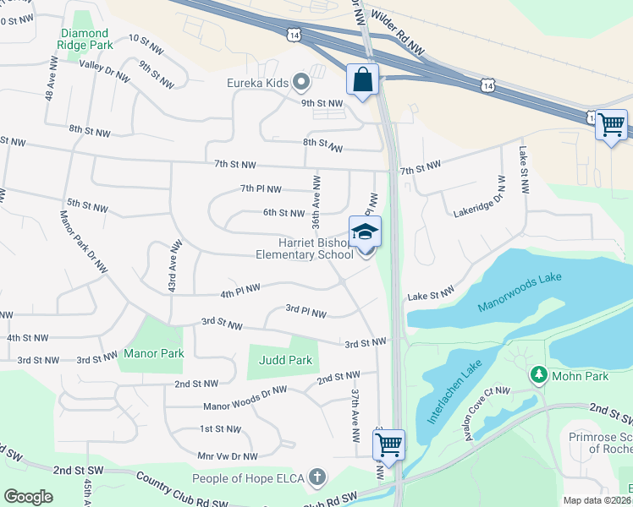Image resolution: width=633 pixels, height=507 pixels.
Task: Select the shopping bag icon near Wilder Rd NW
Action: [362, 80]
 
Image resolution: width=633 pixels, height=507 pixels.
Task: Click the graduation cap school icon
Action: [365, 232]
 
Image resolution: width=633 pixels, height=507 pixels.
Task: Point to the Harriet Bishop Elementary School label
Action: [305, 248]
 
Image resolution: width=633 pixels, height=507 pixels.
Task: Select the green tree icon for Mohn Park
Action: [537, 373]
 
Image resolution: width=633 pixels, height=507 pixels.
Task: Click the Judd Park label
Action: [285, 360]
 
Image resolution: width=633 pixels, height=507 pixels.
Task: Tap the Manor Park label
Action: [153, 353]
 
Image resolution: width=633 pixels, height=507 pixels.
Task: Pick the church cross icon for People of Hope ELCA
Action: [317, 477]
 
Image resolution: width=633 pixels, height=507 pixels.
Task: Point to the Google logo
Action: [28, 496]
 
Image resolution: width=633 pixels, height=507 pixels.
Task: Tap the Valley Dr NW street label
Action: [104, 70]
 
